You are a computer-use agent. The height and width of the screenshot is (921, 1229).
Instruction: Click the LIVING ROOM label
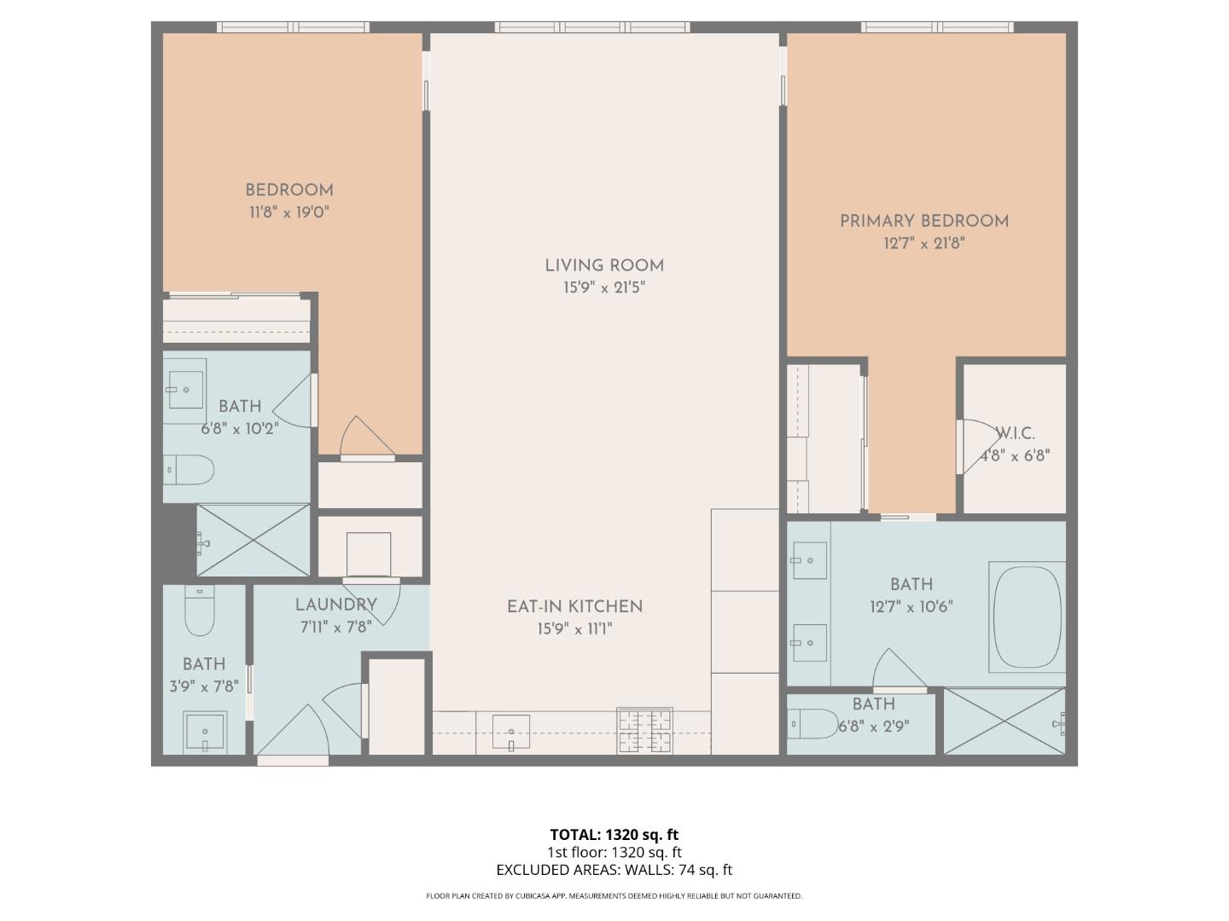pos(604,266)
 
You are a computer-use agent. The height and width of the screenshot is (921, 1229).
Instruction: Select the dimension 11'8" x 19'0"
pos(288,212)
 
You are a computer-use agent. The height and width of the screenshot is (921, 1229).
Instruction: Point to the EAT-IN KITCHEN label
pos(574,607)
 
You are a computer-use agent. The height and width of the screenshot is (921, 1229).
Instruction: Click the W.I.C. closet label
pos(1016,434)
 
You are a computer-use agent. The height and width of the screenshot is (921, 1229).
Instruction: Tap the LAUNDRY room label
pos(335,605)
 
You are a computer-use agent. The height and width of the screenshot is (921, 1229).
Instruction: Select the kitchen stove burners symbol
pos(644,731)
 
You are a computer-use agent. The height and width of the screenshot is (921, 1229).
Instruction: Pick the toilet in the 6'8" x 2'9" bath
pos(815,724)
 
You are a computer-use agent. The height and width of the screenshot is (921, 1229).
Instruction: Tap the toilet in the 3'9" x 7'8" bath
pos(200,611)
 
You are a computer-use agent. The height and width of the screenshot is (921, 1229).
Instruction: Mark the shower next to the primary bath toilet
pos(1005,721)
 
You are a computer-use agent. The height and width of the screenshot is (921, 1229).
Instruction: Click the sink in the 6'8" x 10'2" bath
pos(185,391)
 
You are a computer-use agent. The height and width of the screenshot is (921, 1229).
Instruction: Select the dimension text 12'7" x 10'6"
pos(911,607)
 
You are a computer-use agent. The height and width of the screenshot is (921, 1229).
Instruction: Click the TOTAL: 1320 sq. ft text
pos(614,835)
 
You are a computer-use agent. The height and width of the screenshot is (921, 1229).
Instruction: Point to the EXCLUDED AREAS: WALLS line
pos(614,870)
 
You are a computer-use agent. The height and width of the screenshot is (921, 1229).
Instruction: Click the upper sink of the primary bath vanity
pos(808,561)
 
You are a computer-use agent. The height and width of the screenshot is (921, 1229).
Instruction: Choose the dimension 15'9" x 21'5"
pos(603,288)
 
